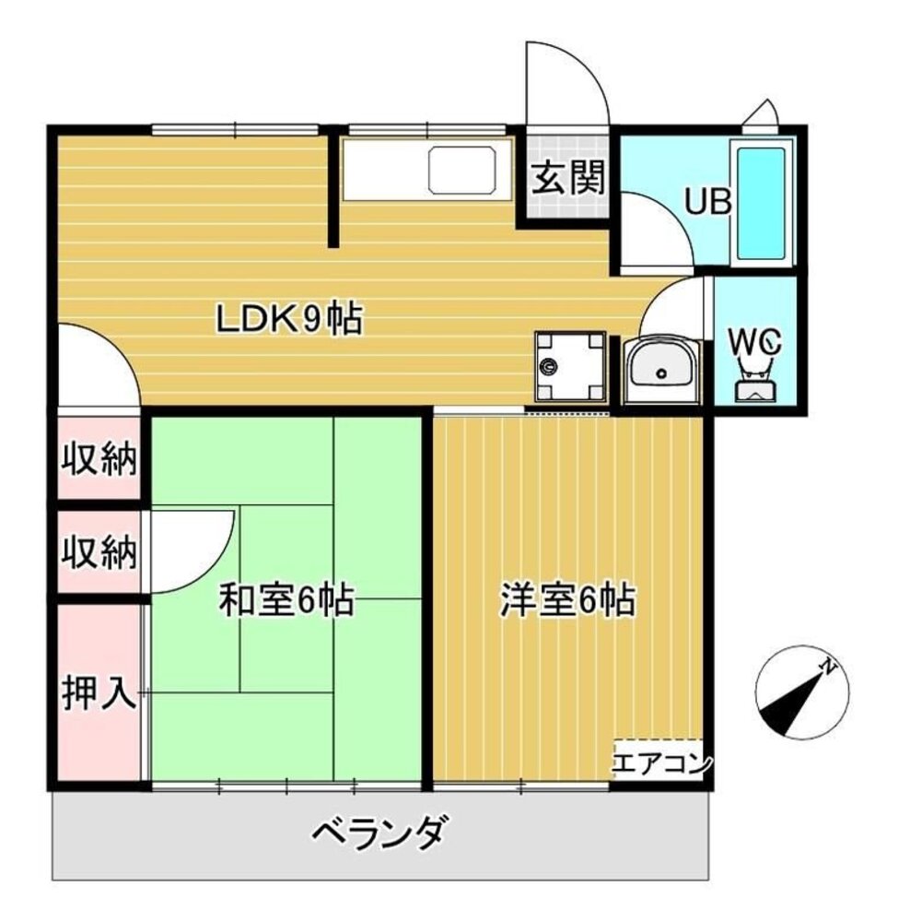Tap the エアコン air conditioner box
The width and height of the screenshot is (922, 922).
point(660,762)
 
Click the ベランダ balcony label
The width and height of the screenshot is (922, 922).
point(380,834)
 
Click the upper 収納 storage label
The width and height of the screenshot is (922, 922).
point(99,458)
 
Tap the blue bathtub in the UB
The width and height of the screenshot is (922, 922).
point(762,203)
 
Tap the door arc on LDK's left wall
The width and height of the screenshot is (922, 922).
point(97,364)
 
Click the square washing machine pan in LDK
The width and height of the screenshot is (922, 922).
point(570,366)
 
